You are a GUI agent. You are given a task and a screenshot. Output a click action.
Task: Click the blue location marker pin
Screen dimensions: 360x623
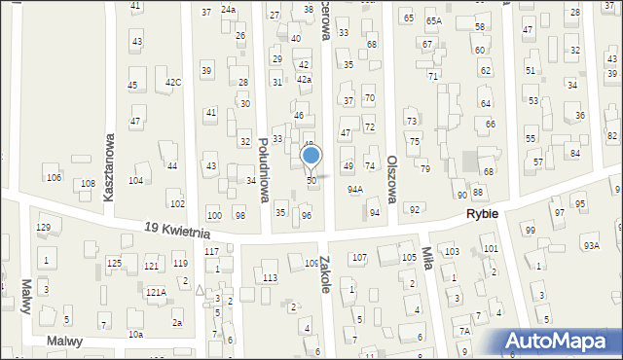coord(311,156)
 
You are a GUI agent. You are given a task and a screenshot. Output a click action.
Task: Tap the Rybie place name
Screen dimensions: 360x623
coord(482,214)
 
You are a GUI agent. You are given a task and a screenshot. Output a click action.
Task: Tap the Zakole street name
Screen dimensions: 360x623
coord(325,274)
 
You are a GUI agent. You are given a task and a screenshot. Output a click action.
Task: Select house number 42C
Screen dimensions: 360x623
coord(172,82)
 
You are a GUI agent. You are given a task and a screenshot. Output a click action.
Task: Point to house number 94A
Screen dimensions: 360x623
coord(355,190)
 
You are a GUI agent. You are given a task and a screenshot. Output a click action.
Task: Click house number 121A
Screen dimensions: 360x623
coord(155,292)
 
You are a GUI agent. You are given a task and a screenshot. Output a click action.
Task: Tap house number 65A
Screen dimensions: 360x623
coord(433,19)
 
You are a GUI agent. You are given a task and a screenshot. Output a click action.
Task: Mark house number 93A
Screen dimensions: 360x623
coord(591,245)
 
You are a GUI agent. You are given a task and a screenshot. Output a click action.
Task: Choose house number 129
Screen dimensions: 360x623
coord(44,227)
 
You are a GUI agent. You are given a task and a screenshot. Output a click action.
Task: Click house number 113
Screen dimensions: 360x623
coord(270,278)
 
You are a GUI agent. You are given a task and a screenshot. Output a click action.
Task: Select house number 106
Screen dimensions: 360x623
coord(54,177)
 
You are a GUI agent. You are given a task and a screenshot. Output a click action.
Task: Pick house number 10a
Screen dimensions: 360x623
coord(135,334)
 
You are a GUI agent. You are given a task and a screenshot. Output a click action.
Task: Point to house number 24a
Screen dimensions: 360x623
coord(228,9)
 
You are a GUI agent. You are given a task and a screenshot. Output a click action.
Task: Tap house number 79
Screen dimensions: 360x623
coord(424,169)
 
